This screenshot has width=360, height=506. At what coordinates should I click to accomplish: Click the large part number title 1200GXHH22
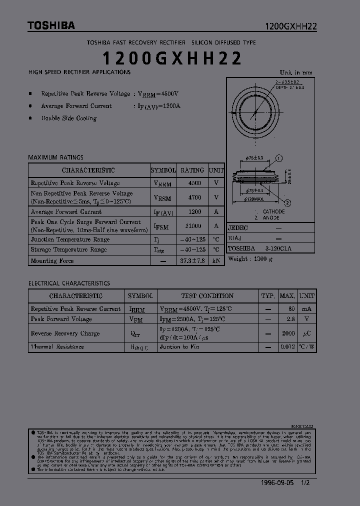tap(172, 58)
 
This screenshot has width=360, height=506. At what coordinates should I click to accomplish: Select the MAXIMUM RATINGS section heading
tap(55, 157)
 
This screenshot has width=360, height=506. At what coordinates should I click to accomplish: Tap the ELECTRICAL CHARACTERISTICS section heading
tap(69, 283)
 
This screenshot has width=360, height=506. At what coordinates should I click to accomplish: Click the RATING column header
tap(192, 170)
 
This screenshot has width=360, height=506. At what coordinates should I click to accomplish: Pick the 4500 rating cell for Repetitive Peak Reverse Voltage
tap(194, 183)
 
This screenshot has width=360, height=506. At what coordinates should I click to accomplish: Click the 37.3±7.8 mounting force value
tap(192, 261)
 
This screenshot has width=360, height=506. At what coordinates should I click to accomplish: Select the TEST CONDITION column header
tap(207, 295)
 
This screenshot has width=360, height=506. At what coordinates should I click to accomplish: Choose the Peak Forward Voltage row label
tap(61, 319)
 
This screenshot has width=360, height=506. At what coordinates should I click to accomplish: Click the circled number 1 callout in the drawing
tap(279, 158)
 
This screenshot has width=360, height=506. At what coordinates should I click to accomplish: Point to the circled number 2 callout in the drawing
tap(287, 202)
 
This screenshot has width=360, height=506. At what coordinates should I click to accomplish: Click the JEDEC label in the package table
tap(238, 227)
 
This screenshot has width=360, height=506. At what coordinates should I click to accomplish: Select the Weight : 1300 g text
tap(250, 259)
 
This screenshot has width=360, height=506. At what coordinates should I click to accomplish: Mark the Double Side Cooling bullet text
tap(68, 118)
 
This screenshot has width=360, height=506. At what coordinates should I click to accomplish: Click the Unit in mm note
tap(296, 72)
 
